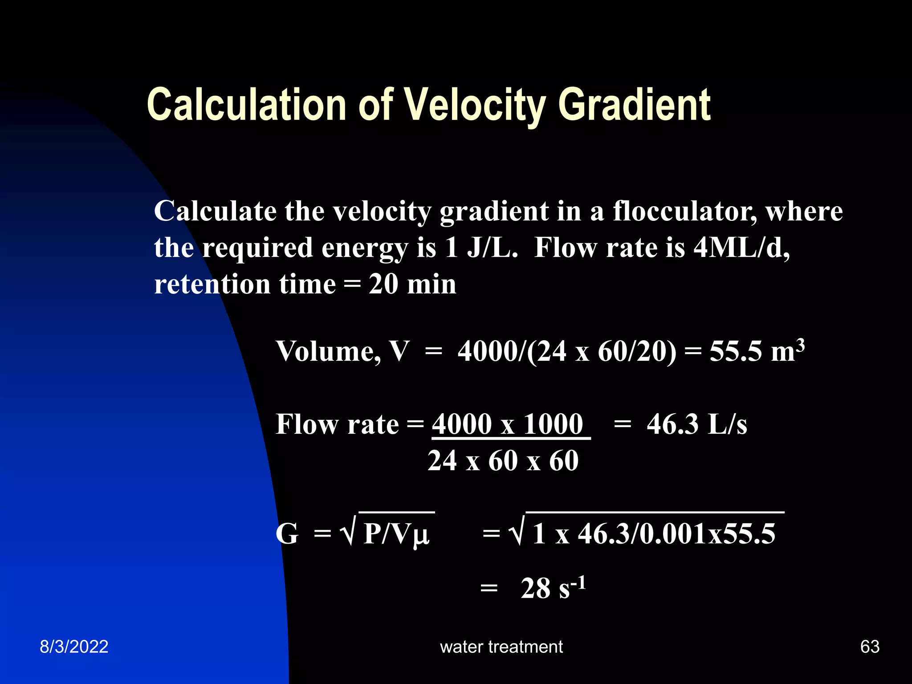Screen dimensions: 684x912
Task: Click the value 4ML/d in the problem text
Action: pos(741,248)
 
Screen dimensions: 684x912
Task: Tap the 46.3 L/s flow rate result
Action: pos(696,424)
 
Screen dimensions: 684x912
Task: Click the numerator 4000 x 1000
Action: pos(508,424)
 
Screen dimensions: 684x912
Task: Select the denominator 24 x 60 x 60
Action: pos(503,460)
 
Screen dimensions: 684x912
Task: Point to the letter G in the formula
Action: pos(287,533)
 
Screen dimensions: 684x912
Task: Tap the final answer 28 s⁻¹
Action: pos(553,588)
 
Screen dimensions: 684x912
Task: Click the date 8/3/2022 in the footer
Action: pos(74,647)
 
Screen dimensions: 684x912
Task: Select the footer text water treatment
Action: pos(501,647)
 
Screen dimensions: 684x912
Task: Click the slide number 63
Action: pos(870,647)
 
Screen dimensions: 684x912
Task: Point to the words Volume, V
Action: pos(342,351)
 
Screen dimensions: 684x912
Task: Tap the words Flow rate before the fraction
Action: pos(337,424)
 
